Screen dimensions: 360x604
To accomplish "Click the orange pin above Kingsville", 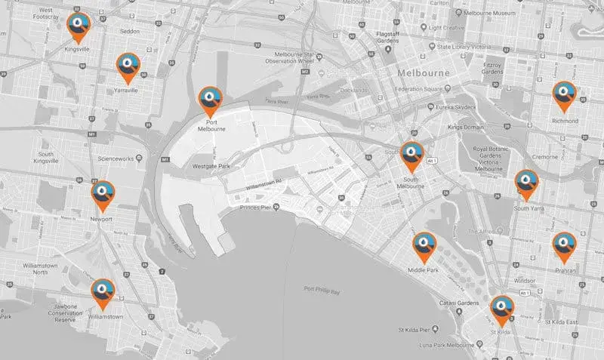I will (75, 27).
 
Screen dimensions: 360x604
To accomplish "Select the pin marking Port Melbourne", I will (209, 100).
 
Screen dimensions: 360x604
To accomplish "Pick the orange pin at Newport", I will (103, 195).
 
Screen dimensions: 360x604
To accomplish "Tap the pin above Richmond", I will (565, 95).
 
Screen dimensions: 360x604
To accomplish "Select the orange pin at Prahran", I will (564, 245).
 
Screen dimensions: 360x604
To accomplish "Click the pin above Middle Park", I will (423, 245).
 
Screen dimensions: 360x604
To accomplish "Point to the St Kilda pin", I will (501, 309).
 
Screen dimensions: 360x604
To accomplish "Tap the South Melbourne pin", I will (412, 155).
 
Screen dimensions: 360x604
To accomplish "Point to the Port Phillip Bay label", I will (327, 289).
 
